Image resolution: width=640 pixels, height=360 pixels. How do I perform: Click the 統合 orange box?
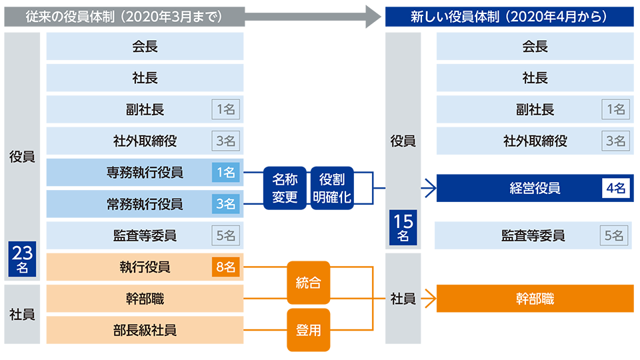(x=308, y=283)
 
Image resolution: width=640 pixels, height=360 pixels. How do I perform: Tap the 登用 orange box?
(x=308, y=330)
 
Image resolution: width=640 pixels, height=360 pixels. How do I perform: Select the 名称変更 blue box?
(x=285, y=188)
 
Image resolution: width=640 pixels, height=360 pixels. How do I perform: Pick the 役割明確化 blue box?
(x=332, y=188)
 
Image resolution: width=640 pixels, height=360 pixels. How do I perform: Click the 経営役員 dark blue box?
(x=535, y=188)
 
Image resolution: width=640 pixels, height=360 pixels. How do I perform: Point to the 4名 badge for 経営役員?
(x=615, y=188)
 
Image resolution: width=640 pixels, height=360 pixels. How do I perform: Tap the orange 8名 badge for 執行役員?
(x=226, y=267)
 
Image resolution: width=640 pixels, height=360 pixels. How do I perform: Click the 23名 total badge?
(x=22, y=259)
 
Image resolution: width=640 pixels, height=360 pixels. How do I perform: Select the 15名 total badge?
(x=403, y=227)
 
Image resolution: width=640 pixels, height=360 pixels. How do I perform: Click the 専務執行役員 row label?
(x=145, y=173)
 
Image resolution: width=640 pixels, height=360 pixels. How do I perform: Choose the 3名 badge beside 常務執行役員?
(x=226, y=204)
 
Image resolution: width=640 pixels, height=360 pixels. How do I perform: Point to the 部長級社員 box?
(x=145, y=330)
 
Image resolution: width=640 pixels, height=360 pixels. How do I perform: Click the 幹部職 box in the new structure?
(x=535, y=299)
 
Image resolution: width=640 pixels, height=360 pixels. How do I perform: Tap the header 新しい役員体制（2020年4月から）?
(x=509, y=17)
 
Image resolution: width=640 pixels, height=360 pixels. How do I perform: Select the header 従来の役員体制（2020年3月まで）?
(x=125, y=17)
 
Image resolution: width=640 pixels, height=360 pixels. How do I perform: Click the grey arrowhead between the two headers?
(x=373, y=17)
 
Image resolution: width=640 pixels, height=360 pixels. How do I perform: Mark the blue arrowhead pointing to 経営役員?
(x=431, y=188)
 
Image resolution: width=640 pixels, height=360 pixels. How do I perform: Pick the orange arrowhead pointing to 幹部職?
(x=431, y=299)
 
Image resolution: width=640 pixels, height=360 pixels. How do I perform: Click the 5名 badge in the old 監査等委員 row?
(x=226, y=235)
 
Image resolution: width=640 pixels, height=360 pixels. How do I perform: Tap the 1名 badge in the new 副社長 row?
(x=615, y=109)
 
